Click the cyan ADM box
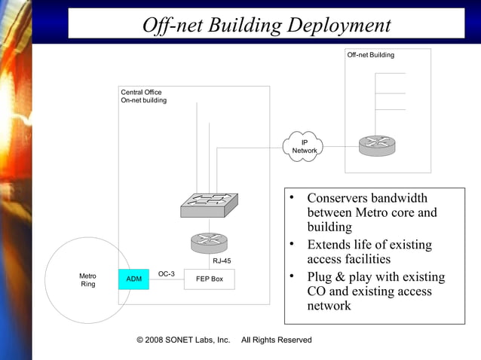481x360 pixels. click(x=133, y=279)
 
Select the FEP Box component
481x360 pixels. click(x=209, y=279)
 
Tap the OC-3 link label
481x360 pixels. click(x=167, y=273)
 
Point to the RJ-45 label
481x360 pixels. click(x=222, y=261)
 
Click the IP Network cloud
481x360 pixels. click(x=304, y=146)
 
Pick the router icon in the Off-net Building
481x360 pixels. click(x=375, y=145)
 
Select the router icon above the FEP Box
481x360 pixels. click(x=208, y=243)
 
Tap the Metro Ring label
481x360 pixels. click(x=87, y=280)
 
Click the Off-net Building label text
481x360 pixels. click(x=370, y=55)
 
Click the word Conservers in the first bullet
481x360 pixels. click(x=339, y=198)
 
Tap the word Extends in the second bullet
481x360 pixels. click(x=329, y=245)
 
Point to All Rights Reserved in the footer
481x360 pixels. click(x=276, y=340)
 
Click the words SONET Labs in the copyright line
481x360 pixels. click(x=196, y=340)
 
